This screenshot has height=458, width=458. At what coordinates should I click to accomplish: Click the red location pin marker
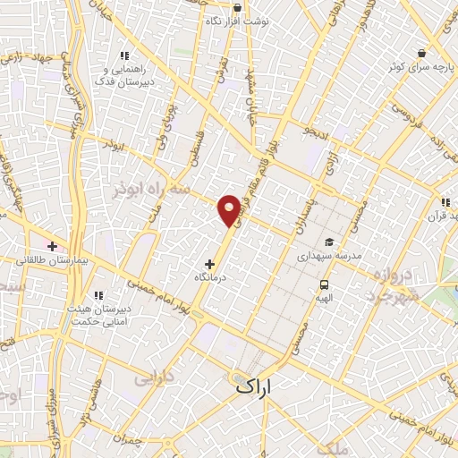pos(230,209)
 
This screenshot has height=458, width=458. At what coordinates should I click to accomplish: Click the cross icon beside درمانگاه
pos(210,264)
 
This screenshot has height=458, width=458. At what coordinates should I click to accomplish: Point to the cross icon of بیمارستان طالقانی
pos(53,245)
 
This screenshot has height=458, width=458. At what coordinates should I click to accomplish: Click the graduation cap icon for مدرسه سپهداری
pos(329,242)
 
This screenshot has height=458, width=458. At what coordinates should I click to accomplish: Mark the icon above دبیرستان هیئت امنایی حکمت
pos(99,294)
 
